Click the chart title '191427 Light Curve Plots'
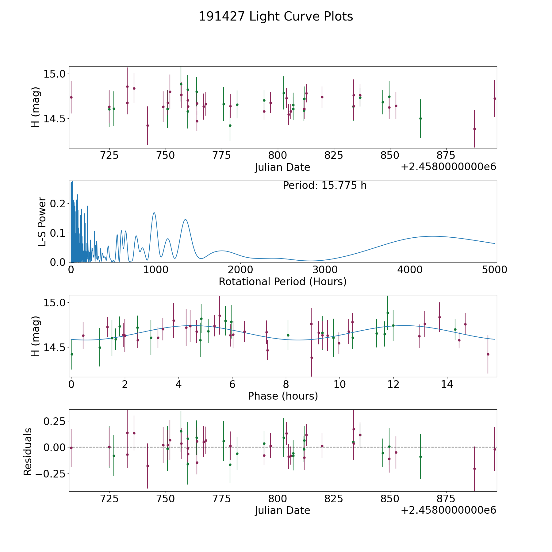276,17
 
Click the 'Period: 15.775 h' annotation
324,186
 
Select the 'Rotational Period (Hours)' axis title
282,282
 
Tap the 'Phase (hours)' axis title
283,396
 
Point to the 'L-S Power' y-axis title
42,221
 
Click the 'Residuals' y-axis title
28,451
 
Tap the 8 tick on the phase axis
286,384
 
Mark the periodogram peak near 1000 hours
154,213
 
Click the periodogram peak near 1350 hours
185,220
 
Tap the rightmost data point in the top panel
494,98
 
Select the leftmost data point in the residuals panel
71,448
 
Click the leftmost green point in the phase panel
72,354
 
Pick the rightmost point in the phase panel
488,354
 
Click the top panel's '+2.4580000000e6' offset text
448,167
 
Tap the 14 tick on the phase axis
447,384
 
